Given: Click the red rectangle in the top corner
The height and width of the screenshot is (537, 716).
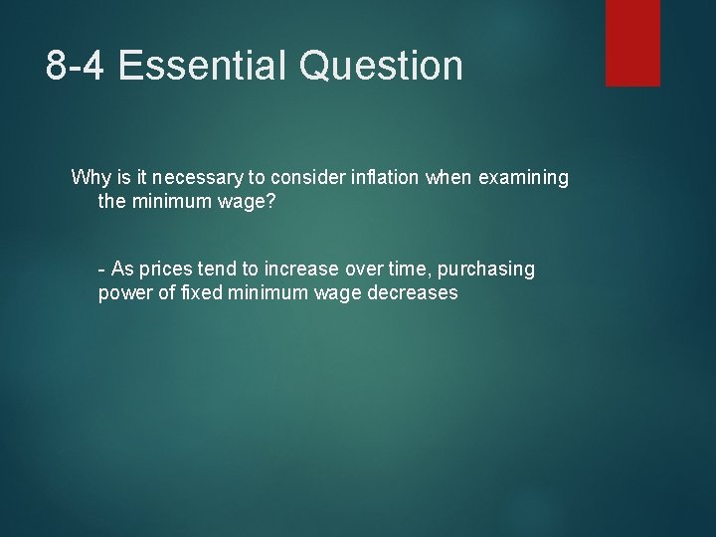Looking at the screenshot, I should [632, 42].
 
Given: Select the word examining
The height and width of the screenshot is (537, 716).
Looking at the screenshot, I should [524, 178].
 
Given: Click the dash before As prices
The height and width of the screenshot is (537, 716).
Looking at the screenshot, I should [101, 269].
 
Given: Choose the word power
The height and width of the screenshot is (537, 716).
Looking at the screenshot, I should [122, 293].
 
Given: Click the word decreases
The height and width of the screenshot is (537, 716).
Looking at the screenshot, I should [410, 293].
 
